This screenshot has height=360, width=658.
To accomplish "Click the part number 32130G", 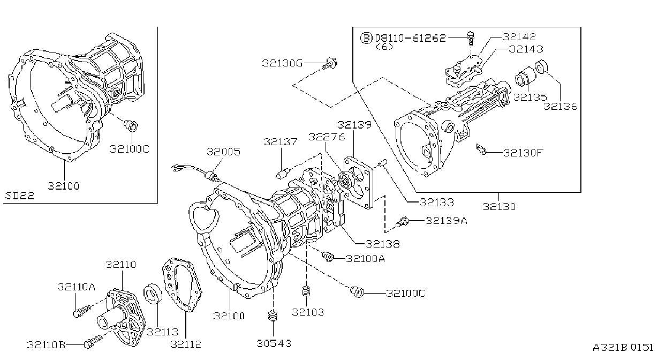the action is tap(282, 63).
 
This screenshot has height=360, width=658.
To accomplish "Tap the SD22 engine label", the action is tap(20, 196).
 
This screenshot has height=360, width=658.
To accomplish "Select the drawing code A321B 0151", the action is tap(623, 348).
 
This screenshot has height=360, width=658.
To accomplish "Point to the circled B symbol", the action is tap(366, 38).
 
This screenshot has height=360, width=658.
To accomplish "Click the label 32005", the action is tap(223, 152).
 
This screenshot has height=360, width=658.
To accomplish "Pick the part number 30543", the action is tap(274, 343).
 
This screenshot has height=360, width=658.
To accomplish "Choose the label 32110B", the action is tap(46, 344).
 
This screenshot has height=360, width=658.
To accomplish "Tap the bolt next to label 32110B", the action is tap(93, 341).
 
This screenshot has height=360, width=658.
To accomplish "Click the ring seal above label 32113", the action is tap(153, 292).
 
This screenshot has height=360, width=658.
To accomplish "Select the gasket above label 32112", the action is tap(182, 284).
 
